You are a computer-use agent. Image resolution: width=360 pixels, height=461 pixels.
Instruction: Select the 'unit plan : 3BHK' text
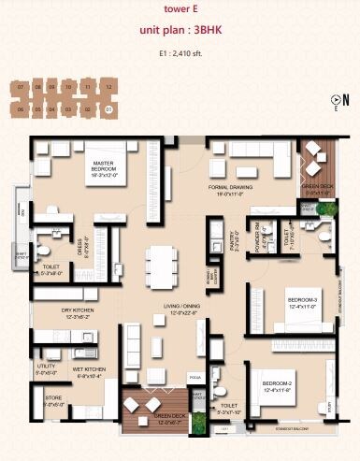[x=180, y=30]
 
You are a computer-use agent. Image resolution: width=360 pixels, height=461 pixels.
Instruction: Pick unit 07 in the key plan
[x=20, y=86]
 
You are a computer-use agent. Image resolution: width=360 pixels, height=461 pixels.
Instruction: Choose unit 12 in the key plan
[x=109, y=86]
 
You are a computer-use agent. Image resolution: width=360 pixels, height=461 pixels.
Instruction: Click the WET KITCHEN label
[x=90, y=371]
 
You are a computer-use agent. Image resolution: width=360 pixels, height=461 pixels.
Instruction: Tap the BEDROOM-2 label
[x=278, y=386]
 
